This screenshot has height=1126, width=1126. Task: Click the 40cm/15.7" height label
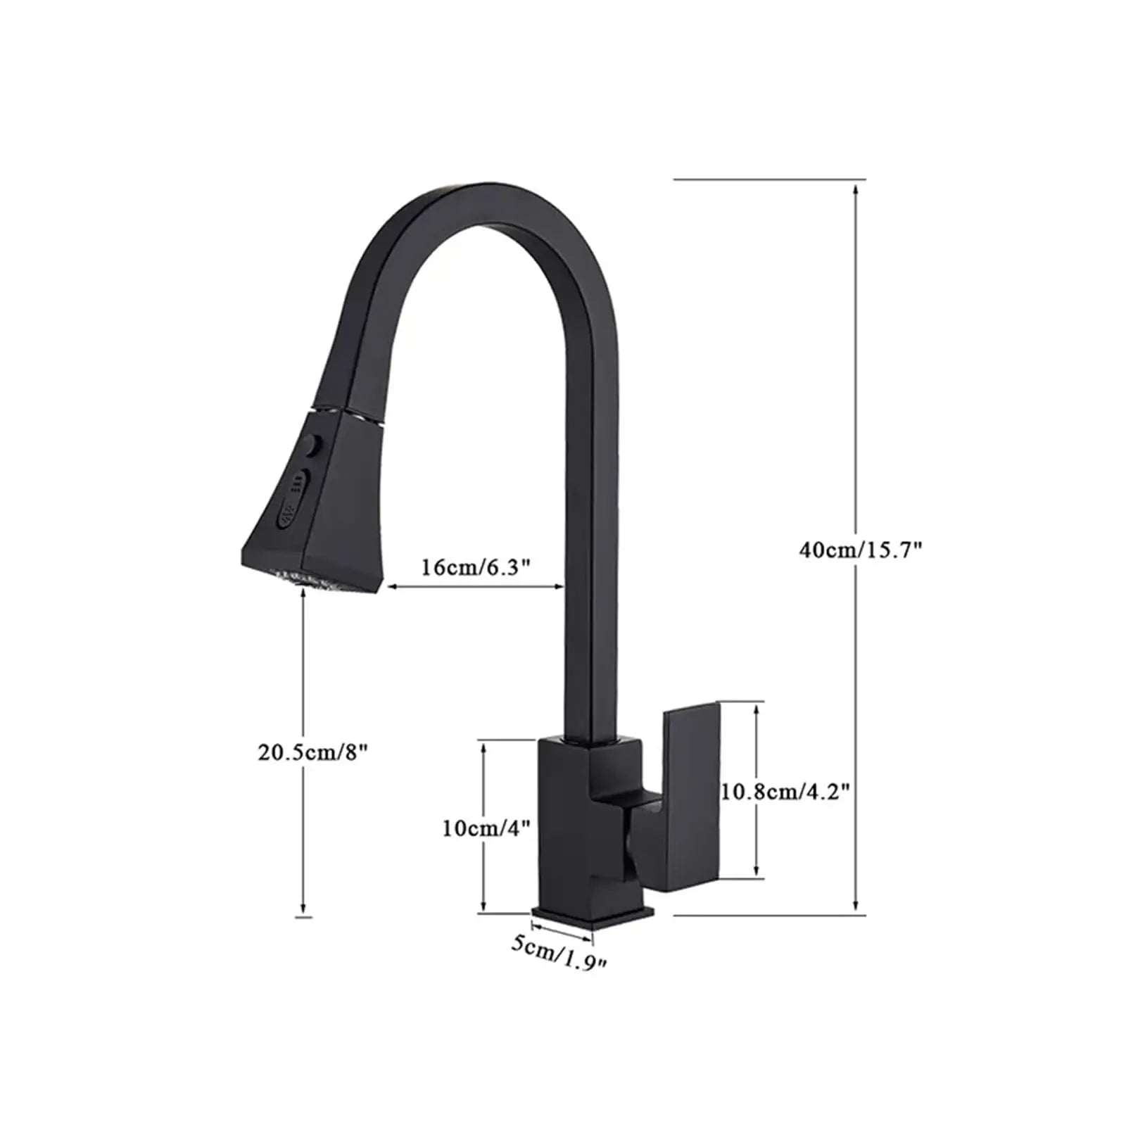(x=860, y=549)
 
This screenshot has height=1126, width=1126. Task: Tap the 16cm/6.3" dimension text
(x=475, y=567)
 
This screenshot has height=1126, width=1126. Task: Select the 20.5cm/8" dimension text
(x=312, y=752)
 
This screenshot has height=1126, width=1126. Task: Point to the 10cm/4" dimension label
(x=486, y=828)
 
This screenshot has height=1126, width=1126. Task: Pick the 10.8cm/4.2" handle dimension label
(x=785, y=792)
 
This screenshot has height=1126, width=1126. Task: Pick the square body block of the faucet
(x=567, y=823)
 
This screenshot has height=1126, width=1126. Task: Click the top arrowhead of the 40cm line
(x=855, y=189)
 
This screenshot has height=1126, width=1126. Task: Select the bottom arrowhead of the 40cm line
(x=855, y=908)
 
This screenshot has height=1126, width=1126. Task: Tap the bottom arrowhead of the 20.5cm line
(x=303, y=909)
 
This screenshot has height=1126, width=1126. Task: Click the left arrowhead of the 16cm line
(x=391, y=586)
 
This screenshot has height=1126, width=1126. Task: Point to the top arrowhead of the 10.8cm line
(x=757, y=708)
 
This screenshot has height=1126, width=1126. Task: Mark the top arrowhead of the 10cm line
(x=483, y=747)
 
